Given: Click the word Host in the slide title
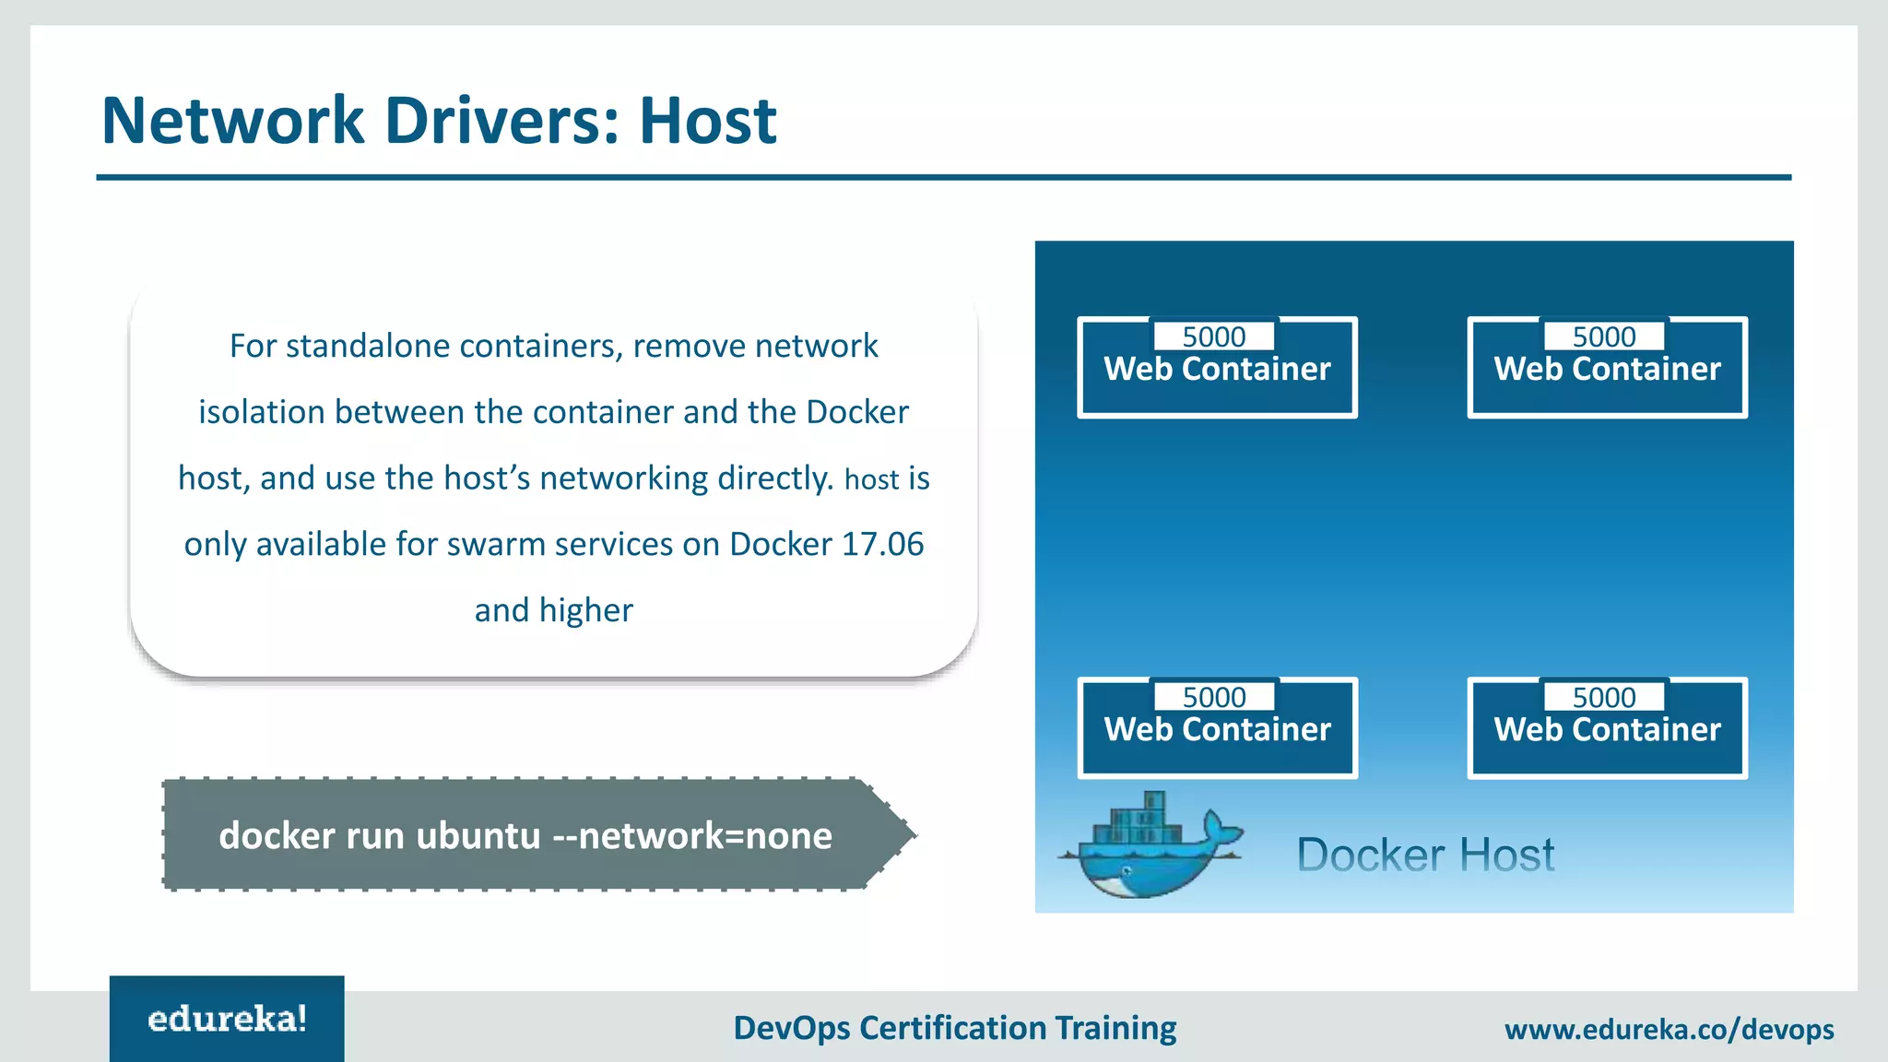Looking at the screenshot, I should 708,121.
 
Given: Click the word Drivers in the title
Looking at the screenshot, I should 502,121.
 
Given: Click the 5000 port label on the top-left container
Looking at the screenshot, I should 1214,336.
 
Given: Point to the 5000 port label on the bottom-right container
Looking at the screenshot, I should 1604,697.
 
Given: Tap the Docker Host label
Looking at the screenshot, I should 1425,855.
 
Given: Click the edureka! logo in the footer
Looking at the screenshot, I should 227,1020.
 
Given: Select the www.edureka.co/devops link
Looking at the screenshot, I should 1669,1029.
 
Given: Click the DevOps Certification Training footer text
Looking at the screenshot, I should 954,1028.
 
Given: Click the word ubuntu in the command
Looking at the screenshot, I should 478,836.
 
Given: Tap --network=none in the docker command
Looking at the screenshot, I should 691,836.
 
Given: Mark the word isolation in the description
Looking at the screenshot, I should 262,412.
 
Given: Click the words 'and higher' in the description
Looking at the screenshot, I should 553,610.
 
